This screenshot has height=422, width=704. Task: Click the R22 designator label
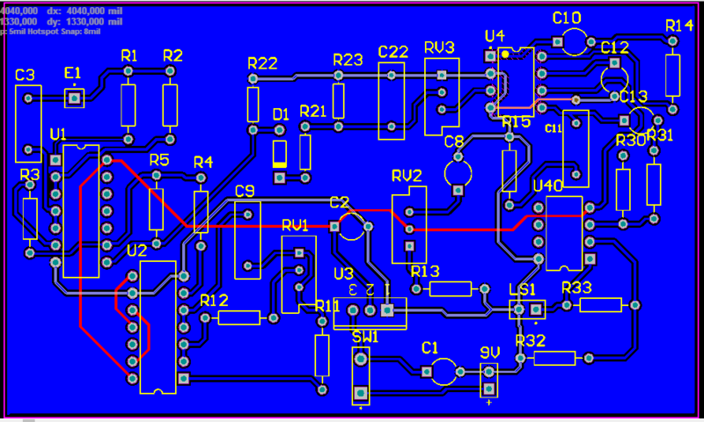point(262,63)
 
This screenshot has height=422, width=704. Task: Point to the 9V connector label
point(490,352)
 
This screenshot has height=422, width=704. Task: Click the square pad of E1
point(73,97)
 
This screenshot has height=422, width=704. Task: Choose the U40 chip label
point(548,186)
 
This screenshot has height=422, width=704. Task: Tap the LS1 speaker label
point(522,290)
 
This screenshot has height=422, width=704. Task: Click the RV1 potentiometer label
point(295,225)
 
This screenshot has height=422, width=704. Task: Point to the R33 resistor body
point(601,305)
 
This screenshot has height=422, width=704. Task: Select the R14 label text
point(679,25)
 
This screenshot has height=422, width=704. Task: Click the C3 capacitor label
point(26,75)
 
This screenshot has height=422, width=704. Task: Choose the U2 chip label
point(136,251)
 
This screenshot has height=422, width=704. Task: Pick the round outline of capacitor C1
point(443,371)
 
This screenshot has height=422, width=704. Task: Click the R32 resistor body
point(554,358)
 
